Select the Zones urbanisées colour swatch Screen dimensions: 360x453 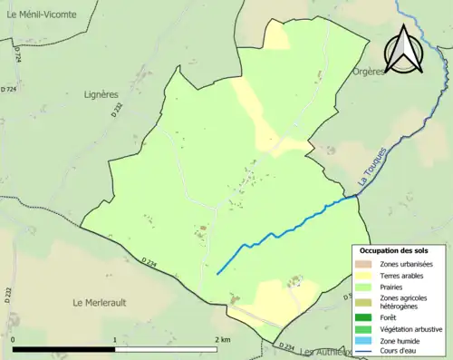coord(361,263)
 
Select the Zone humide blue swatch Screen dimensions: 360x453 coord(361,340)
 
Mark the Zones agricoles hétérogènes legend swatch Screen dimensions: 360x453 coord(361,302)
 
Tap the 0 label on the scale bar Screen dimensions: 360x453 coord(14,339)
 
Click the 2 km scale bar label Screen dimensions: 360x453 coord(221,339)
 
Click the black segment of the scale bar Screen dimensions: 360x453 coord(64,349)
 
